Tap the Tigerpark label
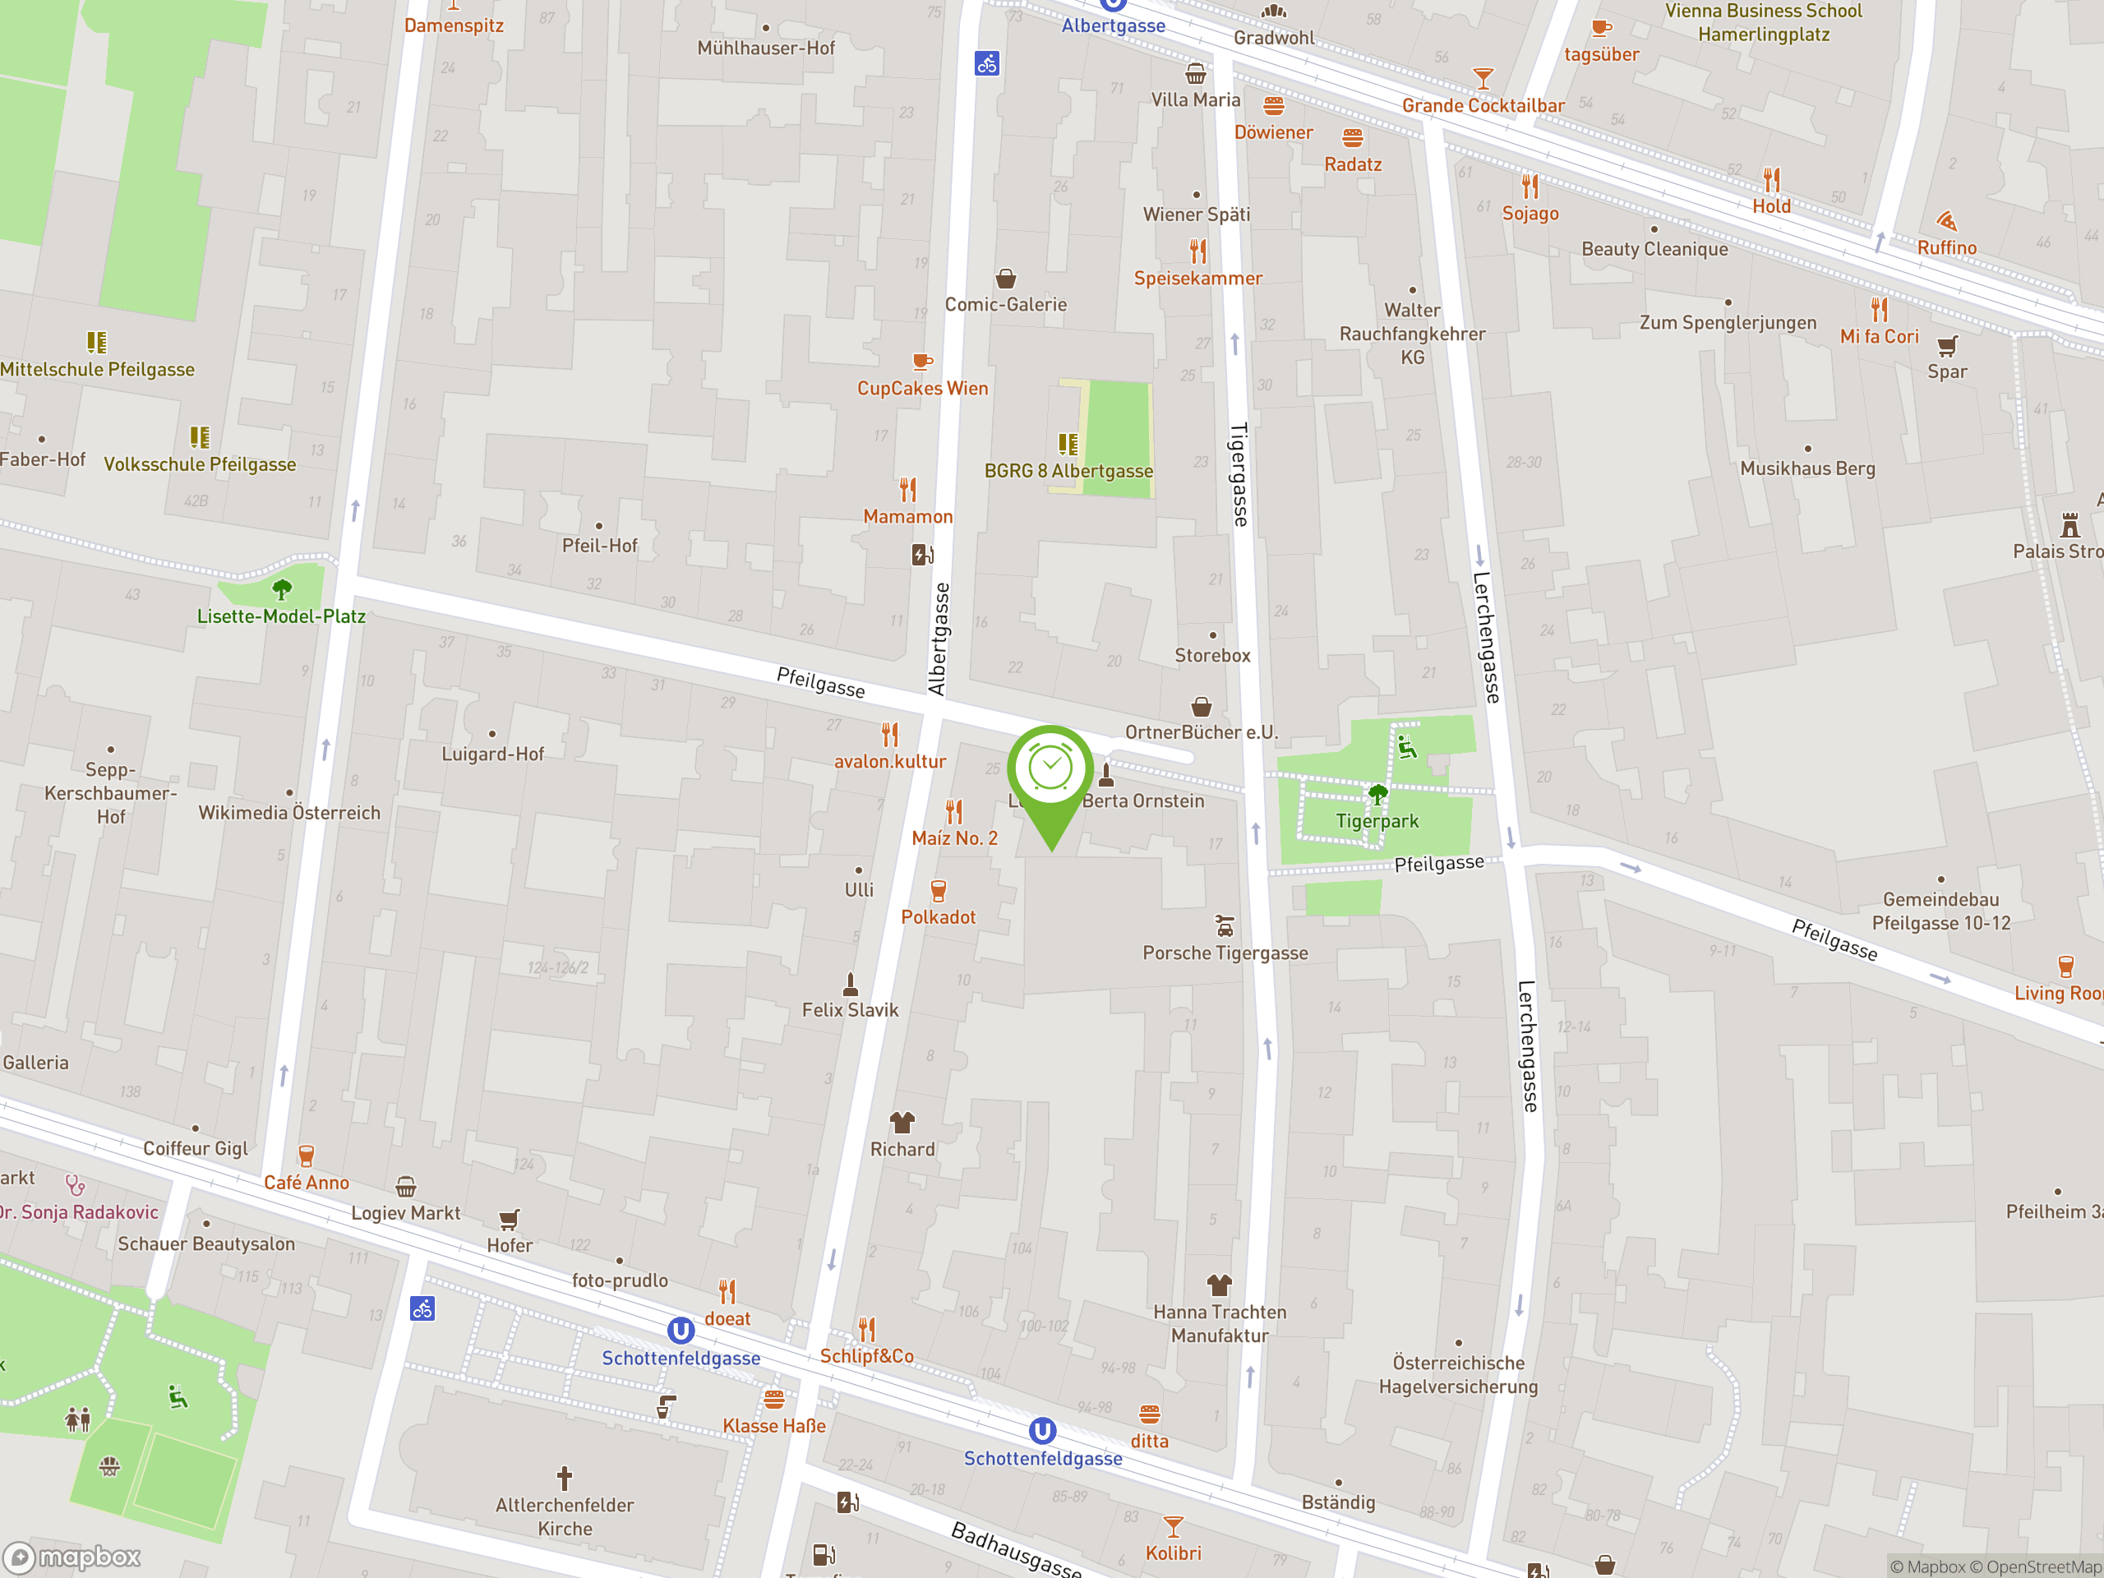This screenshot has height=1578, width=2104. tap(1377, 821)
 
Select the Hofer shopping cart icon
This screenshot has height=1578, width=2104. tap(509, 1219)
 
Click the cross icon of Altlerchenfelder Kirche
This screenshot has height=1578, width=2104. tap(564, 1477)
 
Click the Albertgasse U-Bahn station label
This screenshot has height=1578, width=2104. tap(1113, 25)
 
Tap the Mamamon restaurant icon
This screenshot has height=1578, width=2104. tap(907, 490)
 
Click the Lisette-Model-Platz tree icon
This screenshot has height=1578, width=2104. tap(282, 590)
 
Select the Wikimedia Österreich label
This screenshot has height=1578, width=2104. tap(289, 812)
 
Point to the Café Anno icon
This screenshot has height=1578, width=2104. tap(306, 1156)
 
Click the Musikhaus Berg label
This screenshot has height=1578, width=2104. tap(1806, 468)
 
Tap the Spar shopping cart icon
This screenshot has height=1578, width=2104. tap(1947, 346)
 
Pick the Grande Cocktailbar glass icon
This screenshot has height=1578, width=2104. tap(1482, 78)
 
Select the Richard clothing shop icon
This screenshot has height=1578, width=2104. tap(902, 1123)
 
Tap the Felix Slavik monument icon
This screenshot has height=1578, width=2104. tap(851, 983)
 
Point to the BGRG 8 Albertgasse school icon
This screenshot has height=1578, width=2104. tap(1068, 444)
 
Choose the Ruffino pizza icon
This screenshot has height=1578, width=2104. tap(1946, 222)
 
